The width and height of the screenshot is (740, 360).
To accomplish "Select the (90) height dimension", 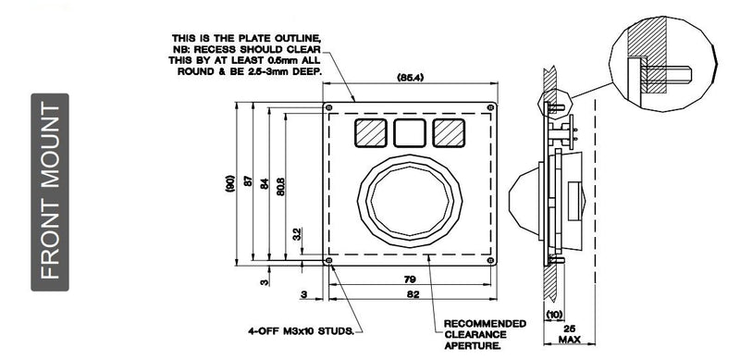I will point(230,184).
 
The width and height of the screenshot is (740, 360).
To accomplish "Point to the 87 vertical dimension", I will point(247,182).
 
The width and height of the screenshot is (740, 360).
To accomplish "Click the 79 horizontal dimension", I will point(409,279).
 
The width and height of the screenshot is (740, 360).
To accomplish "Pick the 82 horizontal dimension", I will point(413,294).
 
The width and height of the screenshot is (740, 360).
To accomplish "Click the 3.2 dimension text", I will point(296,235).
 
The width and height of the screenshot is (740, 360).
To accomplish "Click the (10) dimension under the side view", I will point(554,316).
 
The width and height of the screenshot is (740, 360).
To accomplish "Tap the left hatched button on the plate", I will point(368,132).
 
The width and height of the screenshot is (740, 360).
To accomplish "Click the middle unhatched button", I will point(408,132).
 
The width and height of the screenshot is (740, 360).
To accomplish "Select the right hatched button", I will point(448,132).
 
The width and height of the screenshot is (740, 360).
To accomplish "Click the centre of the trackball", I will point(408,200).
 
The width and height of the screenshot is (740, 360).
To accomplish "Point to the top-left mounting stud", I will point(329,106).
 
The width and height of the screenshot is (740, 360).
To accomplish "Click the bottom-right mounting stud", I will point(488,262).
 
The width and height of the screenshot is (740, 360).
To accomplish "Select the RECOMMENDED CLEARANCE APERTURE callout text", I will point(486,334).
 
